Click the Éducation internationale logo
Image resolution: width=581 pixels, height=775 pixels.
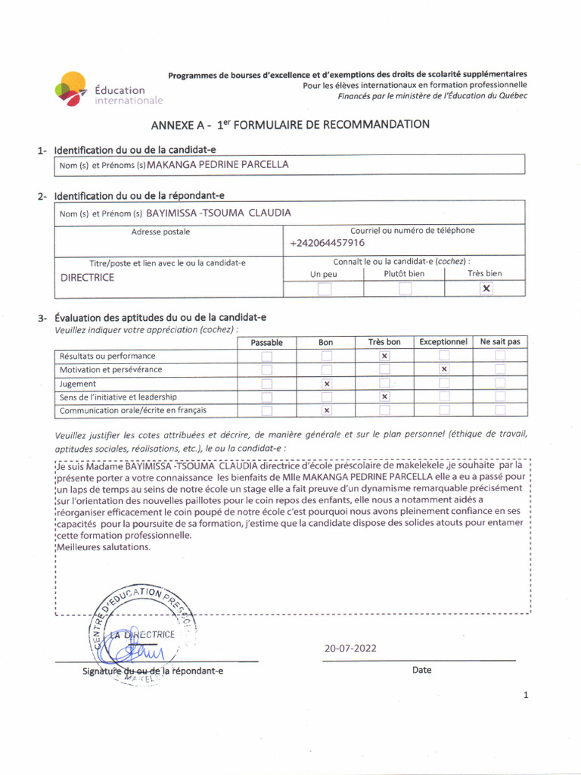tap(108, 89)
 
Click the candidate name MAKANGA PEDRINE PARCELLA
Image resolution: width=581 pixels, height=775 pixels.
tap(218, 163)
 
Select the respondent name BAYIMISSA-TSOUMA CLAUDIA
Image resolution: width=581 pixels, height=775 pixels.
tap(218, 213)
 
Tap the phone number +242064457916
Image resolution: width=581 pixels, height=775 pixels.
tap(327, 243)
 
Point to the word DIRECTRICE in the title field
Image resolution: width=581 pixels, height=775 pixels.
tap(87, 278)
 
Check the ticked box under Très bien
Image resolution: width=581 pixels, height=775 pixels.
tap(486, 288)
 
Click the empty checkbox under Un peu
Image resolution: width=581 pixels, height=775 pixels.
tap(324, 288)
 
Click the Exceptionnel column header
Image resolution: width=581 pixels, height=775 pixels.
tap(443, 342)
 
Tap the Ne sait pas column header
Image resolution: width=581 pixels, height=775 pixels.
tap(500, 342)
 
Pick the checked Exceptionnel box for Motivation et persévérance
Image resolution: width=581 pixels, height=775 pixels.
tap(444, 369)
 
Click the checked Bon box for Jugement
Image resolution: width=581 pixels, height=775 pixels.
tap(326, 384)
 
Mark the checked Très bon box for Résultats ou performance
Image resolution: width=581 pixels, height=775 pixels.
tap(384, 356)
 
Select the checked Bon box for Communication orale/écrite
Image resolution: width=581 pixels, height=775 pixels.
tap(326, 411)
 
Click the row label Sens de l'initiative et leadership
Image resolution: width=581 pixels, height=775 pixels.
tap(118, 397)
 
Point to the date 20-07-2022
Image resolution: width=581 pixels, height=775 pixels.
tap(350, 648)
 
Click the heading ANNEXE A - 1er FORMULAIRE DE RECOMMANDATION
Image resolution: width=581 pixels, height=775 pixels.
tap(290, 124)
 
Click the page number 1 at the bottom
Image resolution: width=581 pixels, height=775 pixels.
tap(525, 696)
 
